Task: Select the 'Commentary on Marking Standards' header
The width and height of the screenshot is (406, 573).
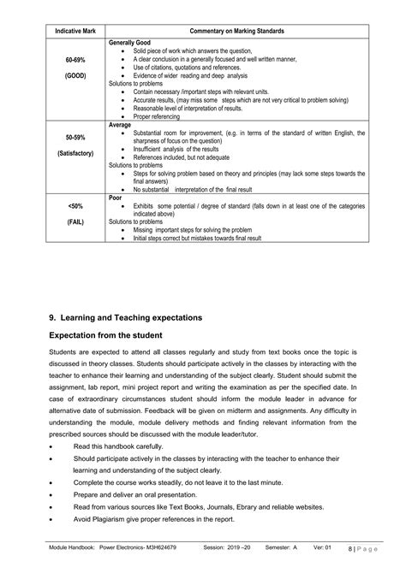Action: pyautogui.click(x=237, y=31)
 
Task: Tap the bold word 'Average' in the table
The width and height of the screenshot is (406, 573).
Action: pyautogui.click(x=121, y=125)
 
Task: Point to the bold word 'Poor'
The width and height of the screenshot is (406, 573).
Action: pyautogui.click(x=117, y=197)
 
